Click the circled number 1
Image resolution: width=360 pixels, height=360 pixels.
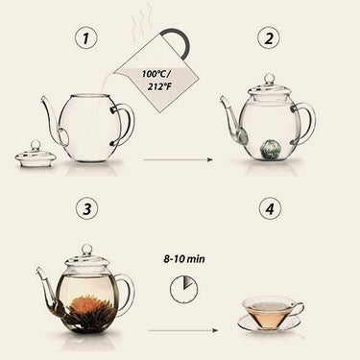(85, 38)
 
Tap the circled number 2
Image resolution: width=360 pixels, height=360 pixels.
(269, 38)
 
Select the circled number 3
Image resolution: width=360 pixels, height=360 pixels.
(86, 208)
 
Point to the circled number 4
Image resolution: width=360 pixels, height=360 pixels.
(270, 208)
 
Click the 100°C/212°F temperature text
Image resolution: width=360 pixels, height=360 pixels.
(156, 81)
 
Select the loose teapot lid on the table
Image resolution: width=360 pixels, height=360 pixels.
(36, 155)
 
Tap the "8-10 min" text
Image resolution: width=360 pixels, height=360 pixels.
(184, 259)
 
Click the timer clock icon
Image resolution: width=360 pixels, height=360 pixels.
(183, 290)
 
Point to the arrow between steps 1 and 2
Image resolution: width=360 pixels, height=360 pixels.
(179, 159)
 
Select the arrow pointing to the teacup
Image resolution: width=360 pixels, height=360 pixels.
(183, 330)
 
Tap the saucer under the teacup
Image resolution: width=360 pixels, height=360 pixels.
(270, 324)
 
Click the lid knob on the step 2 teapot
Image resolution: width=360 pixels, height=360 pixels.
(270, 79)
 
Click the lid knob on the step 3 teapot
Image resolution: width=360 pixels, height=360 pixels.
(86, 250)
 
